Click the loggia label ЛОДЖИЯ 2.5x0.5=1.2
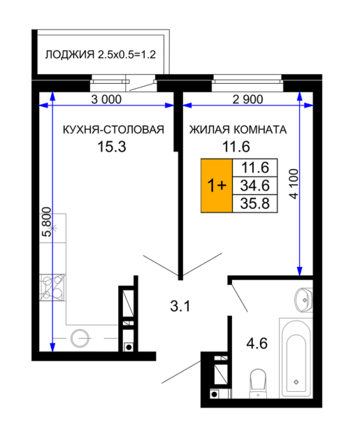click(101, 54)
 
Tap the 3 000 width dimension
click(106, 99)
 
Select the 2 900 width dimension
click(247, 99)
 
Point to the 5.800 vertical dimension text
click(47, 221)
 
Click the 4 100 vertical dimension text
click(294, 184)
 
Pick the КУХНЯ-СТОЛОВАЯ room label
click(113, 130)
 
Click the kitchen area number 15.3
click(112, 147)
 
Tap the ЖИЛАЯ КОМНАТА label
click(238, 130)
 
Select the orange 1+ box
click(217, 186)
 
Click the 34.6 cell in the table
click(255, 186)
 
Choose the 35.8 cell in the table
click(255, 204)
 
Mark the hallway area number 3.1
click(180, 306)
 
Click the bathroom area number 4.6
click(257, 343)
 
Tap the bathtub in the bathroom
click(296, 358)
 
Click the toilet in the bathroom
click(258, 384)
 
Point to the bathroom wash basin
click(303, 300)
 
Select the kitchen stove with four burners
click(52, 287)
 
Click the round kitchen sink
click(80, 338)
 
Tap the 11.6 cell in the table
click(255, 168)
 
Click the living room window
click(247, 82)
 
